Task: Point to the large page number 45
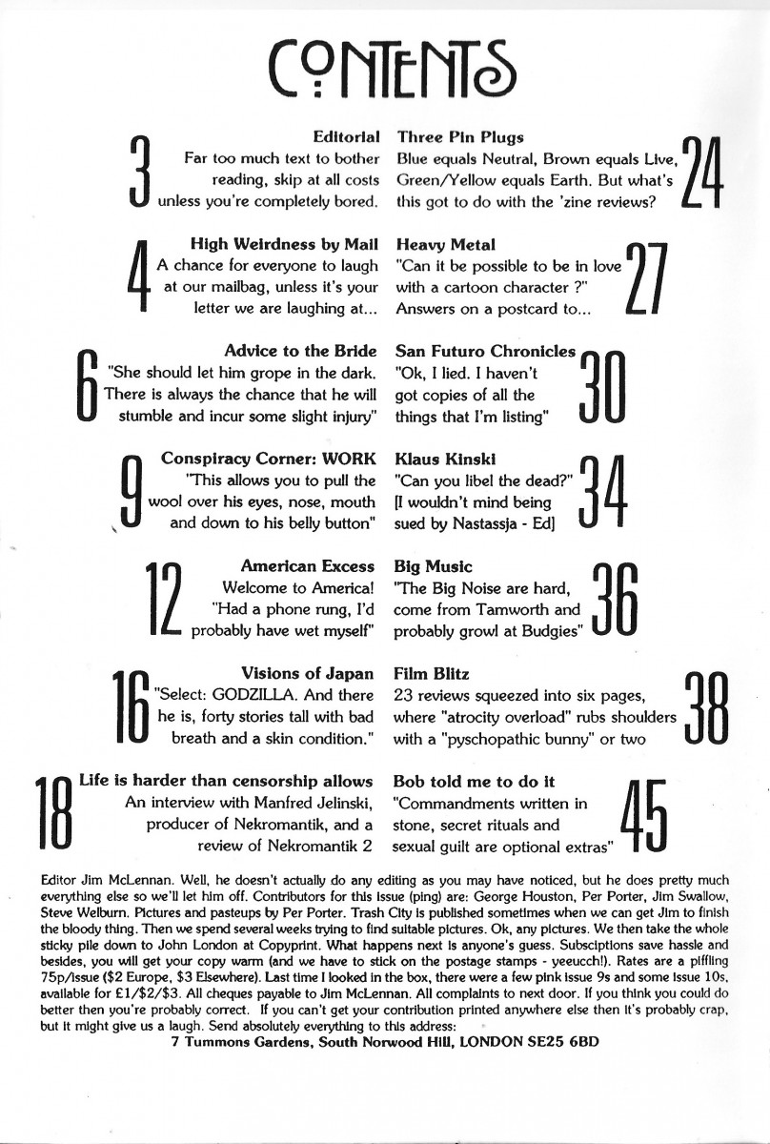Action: click(645, 813)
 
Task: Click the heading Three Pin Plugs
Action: click(460, 137)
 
